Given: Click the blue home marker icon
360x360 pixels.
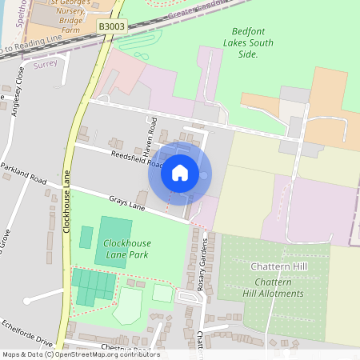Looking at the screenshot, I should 180,172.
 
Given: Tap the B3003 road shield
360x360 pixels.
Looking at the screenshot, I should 111,26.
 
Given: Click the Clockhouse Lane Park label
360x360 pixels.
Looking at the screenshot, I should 126,248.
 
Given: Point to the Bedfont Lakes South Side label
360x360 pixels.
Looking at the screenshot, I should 247,42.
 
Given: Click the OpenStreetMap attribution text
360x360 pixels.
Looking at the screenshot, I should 80,354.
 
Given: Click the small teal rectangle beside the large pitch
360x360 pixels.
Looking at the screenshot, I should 86,237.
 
